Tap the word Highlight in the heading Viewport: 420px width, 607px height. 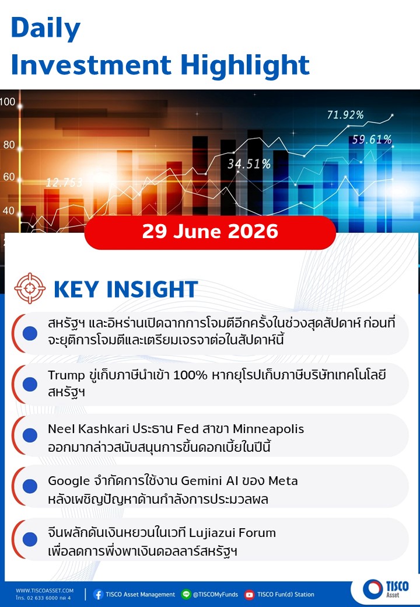pyautogui.click(x=245, y=65)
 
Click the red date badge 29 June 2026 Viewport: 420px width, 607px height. pyautogui.click(x=210, y=232)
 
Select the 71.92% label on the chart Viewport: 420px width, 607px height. pyautogui.click(x=345, y=115)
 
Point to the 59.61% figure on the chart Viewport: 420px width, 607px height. pyautogui.click(x=372, y=139)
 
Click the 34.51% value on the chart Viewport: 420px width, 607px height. pyautogui.click(x=249, y=164)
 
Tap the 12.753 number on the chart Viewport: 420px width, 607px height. pyautogui.click(x=64, y=182)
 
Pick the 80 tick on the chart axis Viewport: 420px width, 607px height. pyautogui.click(x=9, y=145)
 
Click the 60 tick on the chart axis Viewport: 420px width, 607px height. pyautogui.click(x=9, y=177)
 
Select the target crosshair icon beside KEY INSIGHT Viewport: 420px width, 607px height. pyautogui.click(x=30, y=288)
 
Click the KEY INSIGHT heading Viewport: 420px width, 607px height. pyautogui.click(x=125, y=289)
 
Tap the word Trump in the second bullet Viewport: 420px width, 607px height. pyautogui.click(x=66, y=375)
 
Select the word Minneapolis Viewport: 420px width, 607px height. pyautogui.click(x=268, y=430)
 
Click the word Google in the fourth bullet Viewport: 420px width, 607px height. pyautogui.click(x=69, y=481)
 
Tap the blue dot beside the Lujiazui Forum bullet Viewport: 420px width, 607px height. pyautogui.click(x=30, y=539)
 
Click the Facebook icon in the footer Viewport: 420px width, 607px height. pyautogui.click(x=98, y=594)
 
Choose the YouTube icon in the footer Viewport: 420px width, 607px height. pyautogui.click(x=249, y=594)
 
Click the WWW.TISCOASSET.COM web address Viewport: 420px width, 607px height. pyautogui.click(x=44, y=591)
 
